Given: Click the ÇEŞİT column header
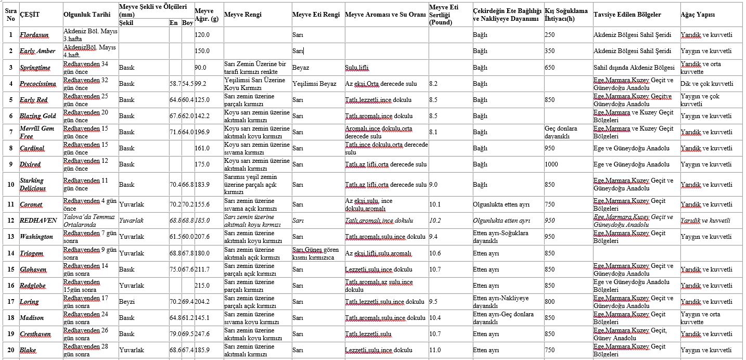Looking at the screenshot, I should (x=30, y=14).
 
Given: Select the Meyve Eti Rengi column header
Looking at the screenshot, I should (x=316, y=14).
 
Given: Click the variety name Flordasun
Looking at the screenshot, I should (x=34, y=35).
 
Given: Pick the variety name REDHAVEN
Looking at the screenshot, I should (x=38, y=221).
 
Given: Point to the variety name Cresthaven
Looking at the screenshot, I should (x=35, y=334).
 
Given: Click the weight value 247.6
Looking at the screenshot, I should (x=203, y=334).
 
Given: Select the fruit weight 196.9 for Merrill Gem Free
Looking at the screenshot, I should (x=203, y=132).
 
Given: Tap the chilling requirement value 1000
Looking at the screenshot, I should (x=551, y=164).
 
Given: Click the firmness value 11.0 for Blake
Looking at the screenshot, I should (x=435, y=350).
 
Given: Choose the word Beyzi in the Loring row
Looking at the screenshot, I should (x=126, y=302).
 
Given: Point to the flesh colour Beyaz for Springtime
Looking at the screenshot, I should (x=300, y=68).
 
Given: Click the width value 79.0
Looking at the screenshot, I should (x=175, y=334).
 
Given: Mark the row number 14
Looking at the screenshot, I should (x=10, y=253).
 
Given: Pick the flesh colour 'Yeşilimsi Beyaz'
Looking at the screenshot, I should (x=314, y=84).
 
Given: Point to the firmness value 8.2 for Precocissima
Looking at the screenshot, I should (x=434, y=84).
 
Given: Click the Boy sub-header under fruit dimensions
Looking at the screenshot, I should (x=187, y=23).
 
